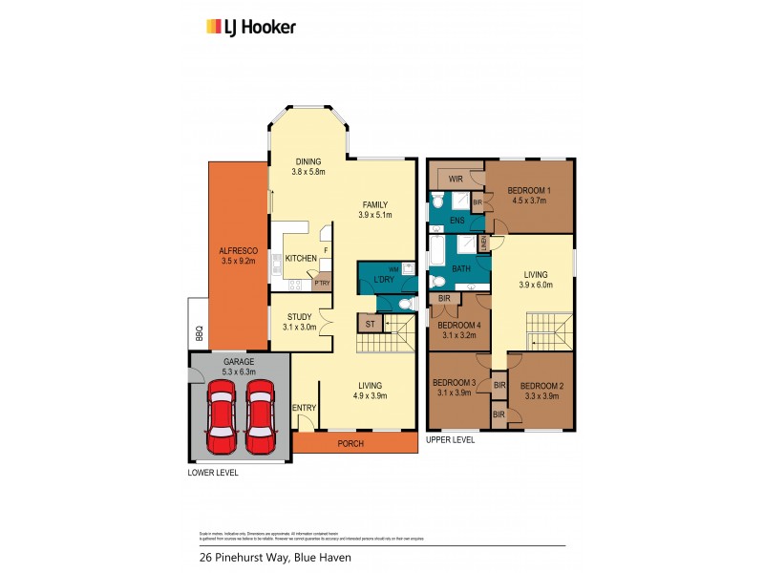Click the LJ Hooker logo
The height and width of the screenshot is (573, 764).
[251, 27]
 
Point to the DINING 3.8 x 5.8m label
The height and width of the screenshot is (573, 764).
[308, 166]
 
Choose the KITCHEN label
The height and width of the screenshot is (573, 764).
[300, 259]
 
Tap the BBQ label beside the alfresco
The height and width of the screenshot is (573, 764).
[200, 333]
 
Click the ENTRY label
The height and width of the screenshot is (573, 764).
[305, 408]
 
